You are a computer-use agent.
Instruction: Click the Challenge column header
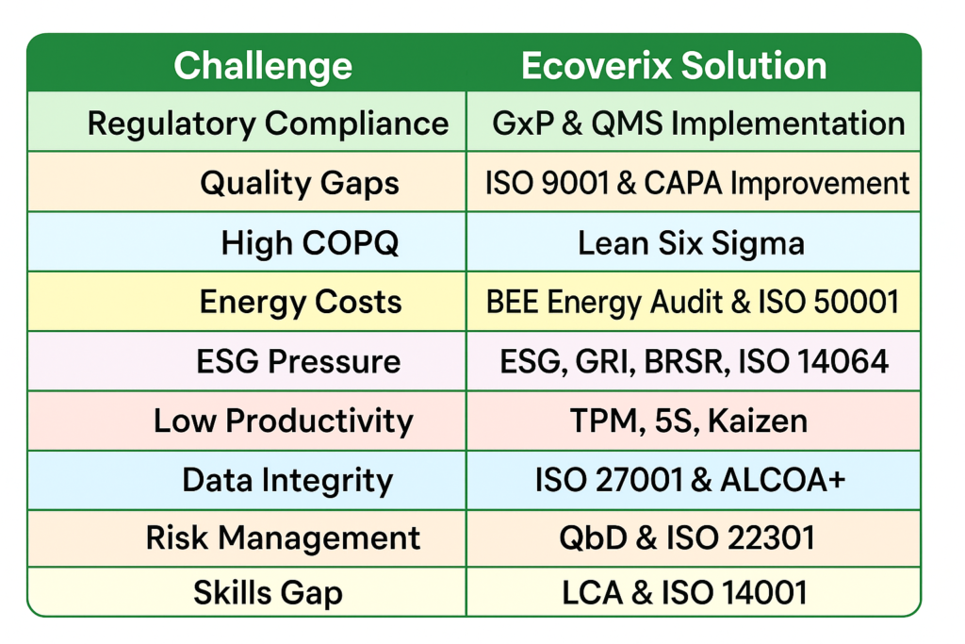click(x=263, y=66)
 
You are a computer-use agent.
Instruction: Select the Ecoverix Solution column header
click(x=674, y=66)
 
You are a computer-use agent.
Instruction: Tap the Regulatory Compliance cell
click(x=268, y=123)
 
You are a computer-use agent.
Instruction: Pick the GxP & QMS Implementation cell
click(x=698, y=123)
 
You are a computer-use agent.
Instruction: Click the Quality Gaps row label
click(x=299, y=183)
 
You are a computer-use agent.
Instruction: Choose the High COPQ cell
click(x=309, y=242)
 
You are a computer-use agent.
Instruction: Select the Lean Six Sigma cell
click(x=691, y=242)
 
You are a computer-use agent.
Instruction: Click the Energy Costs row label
click(x=301, y=302)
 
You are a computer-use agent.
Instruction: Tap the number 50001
click(x=857, y=302)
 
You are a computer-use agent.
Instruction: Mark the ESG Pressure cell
click(x=298, y=361)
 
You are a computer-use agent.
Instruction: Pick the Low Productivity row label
click(x=283, y=421)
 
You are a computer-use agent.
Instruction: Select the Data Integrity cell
click(x=287, y=480)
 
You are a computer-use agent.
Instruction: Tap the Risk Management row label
click(x=283, y=538)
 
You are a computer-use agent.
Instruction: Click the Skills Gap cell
click(x=268, y=593)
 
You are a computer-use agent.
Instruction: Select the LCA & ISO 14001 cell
click(x=684, y=593)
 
